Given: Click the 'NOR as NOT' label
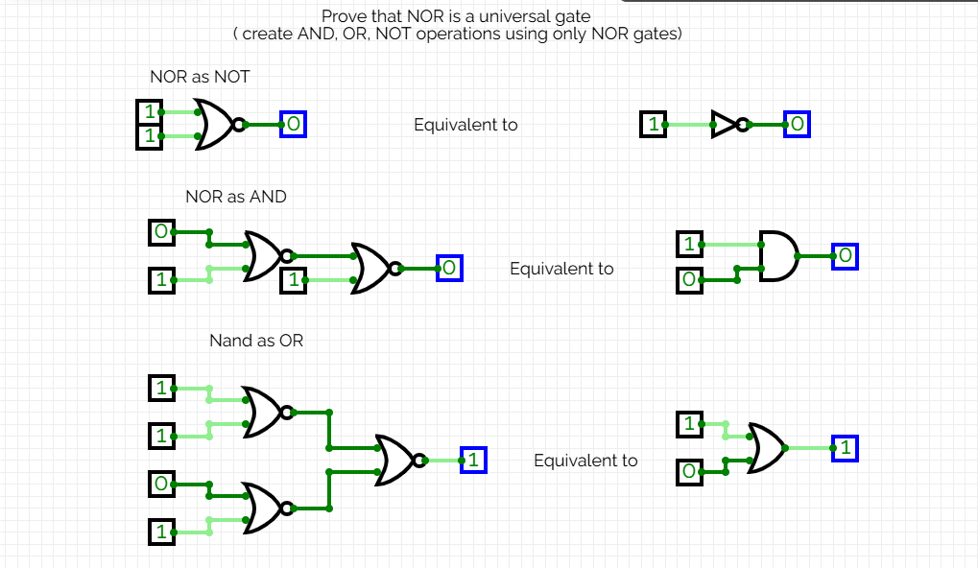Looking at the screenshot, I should [x=200, y=77].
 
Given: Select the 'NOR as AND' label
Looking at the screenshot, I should [x=235, y=197].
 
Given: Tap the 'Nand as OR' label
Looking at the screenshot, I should [x=256, y=341].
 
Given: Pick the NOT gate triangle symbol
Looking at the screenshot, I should [x=723, y=124].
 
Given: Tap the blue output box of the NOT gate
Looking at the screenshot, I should [x=797, y=124].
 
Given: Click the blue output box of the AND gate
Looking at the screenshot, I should [x=845, y=256].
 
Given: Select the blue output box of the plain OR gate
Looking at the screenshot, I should [x=845, y=448].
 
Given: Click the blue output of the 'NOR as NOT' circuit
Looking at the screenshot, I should [x=293, y=124].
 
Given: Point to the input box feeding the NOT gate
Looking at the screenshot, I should [x=653, y=124].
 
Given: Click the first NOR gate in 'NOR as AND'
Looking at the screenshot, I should [x=264, y=256].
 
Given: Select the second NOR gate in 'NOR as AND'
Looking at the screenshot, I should [x=371, y=268].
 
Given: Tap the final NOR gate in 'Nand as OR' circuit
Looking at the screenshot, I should [x=396, y=461].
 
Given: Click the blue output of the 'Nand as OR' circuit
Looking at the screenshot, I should [x=473, y=461].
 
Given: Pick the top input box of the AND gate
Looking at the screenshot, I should [x=689, y=245].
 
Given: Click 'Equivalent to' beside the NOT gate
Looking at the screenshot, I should [x=465, y=125].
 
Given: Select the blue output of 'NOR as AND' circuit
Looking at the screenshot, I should [x=449, y=269].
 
